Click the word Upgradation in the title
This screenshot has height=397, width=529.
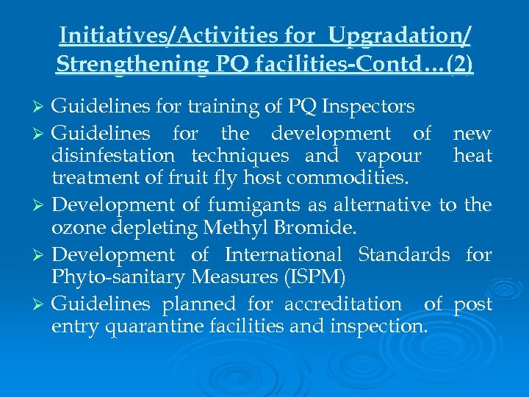(400, 35)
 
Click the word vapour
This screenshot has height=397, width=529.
(387, 156)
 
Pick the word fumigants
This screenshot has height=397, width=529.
(267, 205)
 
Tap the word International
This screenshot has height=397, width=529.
(283, 255)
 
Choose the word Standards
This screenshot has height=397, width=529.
(403, 255)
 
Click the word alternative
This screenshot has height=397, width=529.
(383, 205)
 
